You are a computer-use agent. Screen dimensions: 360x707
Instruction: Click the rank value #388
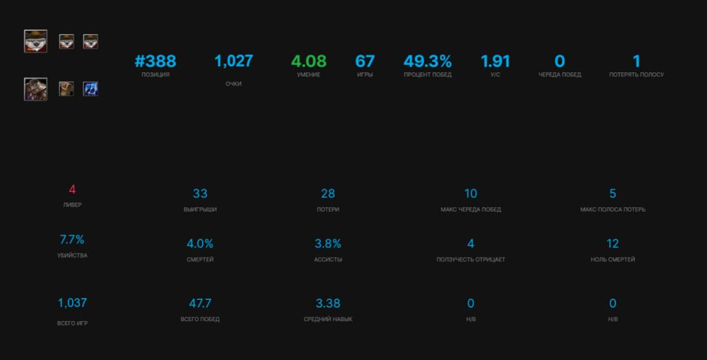pyautogui.click(x=155, y=62)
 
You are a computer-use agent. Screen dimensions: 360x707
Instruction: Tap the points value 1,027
pyautogui.click(x=233, y=62)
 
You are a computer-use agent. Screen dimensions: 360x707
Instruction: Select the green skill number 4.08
pyautogui.click(x=309, y=62)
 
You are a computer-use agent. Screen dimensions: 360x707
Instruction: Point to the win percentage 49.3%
pyautogui.click(x=428, y=62)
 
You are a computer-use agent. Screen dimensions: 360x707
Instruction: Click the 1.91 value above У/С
pyautogui.click(x=495, y=62)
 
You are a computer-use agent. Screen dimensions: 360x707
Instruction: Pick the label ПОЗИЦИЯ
pyautogui.click(x=155, y=75)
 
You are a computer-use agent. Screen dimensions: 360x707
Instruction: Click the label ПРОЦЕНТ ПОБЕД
pyautogui.click(x=428, y=75)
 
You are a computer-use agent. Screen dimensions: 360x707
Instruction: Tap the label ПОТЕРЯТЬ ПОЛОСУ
pyautogui.click(x=636, y=75)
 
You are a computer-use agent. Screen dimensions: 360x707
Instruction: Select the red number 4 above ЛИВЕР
pyautogui.click(x=72, y=190)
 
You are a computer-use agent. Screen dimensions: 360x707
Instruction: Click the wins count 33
pyautogui.click(x=200, y=194)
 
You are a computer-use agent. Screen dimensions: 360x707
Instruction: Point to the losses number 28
pyautogui.click(x=328, y=194)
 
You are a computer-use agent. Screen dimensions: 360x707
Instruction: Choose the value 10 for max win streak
pyautogui.click(x=471, y=194)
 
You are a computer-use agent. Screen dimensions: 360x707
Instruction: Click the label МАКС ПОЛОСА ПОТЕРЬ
pyautogui.click(x=612, y=209)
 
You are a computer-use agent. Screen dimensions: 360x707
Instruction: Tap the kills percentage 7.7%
pyautogui.click(x=72, y=239)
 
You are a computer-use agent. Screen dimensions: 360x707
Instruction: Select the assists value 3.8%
pyautogui.click(x=328, y=244)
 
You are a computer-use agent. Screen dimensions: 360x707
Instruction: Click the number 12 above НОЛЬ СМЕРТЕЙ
pyautogui.click(x=612, y=244)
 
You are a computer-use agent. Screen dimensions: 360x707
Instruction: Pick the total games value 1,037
pyautogui.click(x=72, y=303)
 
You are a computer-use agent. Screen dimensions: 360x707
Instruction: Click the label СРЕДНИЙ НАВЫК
pyautogui.click(x=328, y=319)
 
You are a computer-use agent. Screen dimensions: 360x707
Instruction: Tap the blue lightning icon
pyautogui.click(x=90, y=88)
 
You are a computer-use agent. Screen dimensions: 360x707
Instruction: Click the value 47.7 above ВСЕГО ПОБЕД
pyautogui.click(x=200, y=303)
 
